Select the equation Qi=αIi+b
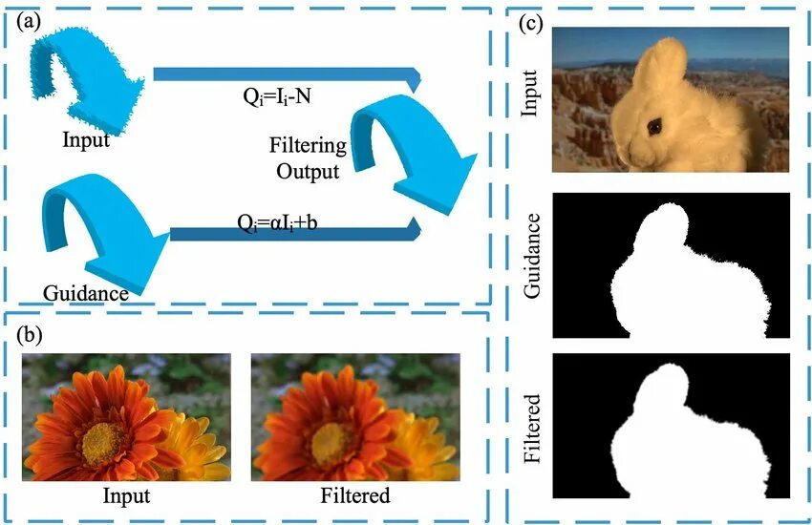[x=284, y=222]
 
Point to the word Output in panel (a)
[x=308, y=172]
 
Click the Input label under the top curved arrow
[x=86, y=140]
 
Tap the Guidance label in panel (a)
[x=86, y=292]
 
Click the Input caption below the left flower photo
[x=126, y=495]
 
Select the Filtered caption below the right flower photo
[x=355, y=495]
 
